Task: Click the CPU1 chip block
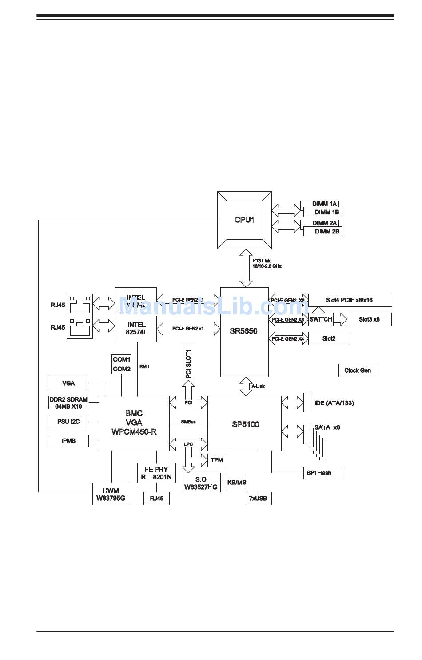tap(244, 220)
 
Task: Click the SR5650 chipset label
tap(243, 331)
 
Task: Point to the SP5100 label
tap(245, 424)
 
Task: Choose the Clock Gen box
tap(358, 370)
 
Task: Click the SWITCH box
tap(321, 319)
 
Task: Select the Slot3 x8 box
tap(369, 319)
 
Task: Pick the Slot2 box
tap(329, 338)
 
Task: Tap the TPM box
tap(217, 460)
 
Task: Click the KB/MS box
tap(237, 483)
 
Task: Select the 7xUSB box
tap(259, 499)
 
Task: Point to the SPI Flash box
tap(319, 473)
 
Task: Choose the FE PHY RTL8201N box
tap(156, 473)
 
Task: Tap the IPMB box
tap(68, 441)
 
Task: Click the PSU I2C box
tap(68, 421)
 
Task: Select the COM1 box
tap(121, 359)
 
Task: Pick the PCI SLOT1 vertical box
tap(188, 363)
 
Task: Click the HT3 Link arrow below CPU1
tap(246, 268)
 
